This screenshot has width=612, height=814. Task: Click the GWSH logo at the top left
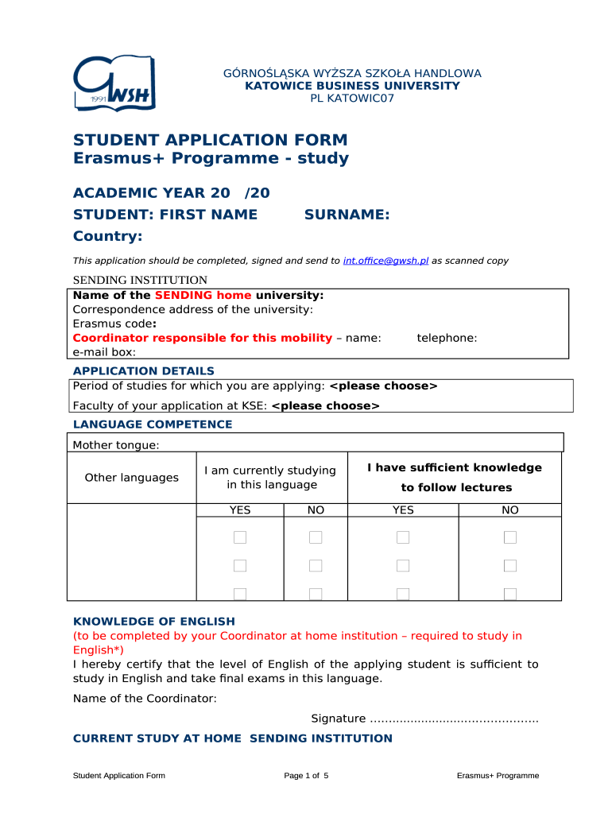pos(114,83)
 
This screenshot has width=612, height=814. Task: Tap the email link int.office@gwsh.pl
pos(385,261)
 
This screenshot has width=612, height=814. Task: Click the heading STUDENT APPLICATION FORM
pos(210,141)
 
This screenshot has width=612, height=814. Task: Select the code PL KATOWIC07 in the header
pos(351,99)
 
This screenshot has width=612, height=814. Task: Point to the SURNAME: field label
pos(347,215)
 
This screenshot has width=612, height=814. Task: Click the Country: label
pos(107,237)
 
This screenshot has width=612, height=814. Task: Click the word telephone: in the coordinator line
pos(447,338)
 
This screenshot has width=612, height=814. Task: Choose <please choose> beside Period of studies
pos(383,386)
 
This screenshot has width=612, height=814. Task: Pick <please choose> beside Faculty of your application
pos(326,406)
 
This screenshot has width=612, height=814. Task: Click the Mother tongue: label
pos(116,445)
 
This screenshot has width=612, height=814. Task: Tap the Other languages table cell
pos(132,478)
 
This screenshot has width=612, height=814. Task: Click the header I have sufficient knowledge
pos(455,468)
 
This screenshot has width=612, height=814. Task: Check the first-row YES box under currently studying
pos(240,538)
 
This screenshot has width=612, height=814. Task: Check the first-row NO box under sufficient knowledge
pos(510,538)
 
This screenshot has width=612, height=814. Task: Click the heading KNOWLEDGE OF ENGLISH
pos(154,622)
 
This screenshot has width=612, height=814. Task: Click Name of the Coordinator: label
pos(145,699)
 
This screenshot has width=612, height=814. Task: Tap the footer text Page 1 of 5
pos(306,776)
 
